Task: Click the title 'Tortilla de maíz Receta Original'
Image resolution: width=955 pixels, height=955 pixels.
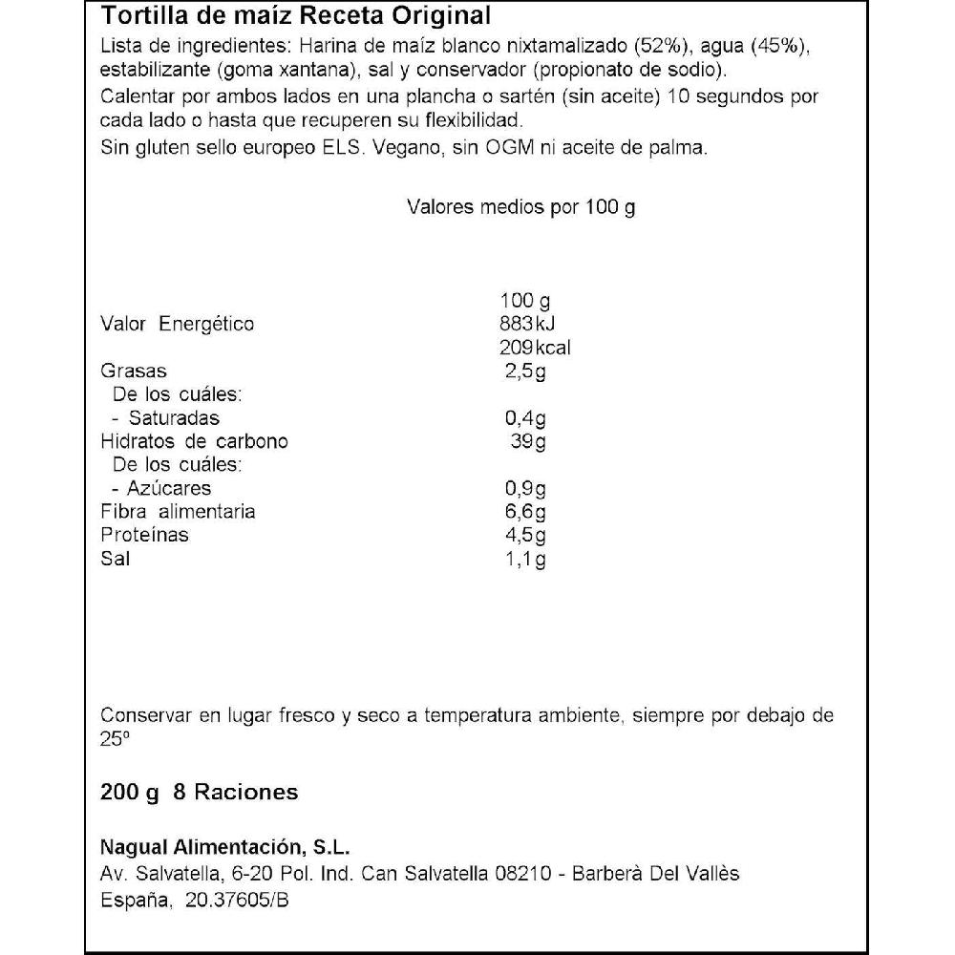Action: [x=296, y=16]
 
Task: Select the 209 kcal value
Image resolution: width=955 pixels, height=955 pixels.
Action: [x=535, y=348]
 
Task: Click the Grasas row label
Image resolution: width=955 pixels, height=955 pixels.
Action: [x=134, y=371]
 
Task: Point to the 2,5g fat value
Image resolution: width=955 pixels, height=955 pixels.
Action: [x=525, y=371]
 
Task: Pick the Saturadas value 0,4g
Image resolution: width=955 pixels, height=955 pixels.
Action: [x=525, y=418]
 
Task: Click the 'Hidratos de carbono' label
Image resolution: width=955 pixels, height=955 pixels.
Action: [x=194, y=441]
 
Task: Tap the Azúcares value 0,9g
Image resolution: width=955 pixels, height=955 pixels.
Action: [x=525, y=488]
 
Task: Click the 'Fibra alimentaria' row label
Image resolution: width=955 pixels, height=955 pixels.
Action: [x=178, y=512]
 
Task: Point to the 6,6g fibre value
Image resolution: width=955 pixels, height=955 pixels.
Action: [x=525, y=512]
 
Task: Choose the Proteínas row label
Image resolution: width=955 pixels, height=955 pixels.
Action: [x=144, y=535]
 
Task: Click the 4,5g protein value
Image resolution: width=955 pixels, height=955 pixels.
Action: [x=525, y=535]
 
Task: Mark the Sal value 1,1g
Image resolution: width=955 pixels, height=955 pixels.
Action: [x=525, y=559]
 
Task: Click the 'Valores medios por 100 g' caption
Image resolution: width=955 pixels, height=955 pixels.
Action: [x=520, y=207]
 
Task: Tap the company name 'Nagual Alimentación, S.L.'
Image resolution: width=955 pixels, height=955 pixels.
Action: [x=225, y=848]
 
